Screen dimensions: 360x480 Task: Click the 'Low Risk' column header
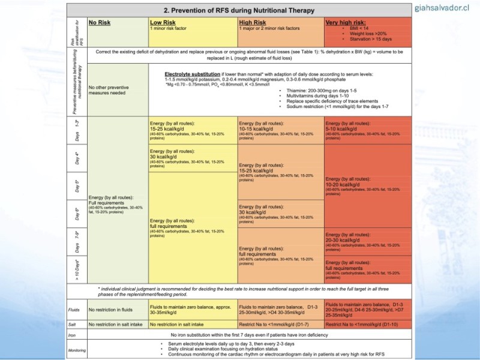[162, 22]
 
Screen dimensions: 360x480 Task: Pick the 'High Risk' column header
[253, 22]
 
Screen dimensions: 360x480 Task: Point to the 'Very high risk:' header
[346, 22]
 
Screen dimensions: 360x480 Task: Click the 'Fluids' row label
[75, 310]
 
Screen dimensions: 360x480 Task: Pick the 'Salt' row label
[73, 324]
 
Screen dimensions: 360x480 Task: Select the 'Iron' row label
[73, 334]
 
